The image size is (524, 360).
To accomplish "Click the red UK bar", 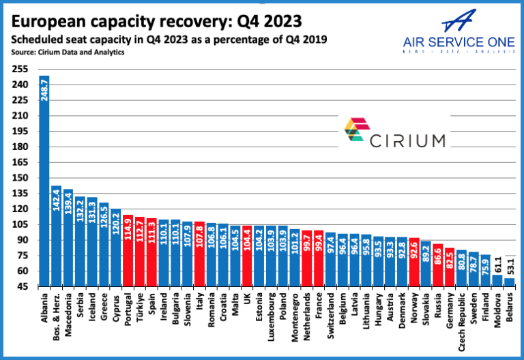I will click(246, 256).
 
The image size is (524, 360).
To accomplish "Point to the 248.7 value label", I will click(44, 89).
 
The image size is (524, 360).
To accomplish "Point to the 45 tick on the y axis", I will click(20, 286).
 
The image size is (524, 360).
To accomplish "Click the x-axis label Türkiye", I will click(139, 306).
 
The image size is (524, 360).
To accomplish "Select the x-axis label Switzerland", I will click(330, 311).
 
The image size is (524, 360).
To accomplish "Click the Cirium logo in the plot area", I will click(394, 131).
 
